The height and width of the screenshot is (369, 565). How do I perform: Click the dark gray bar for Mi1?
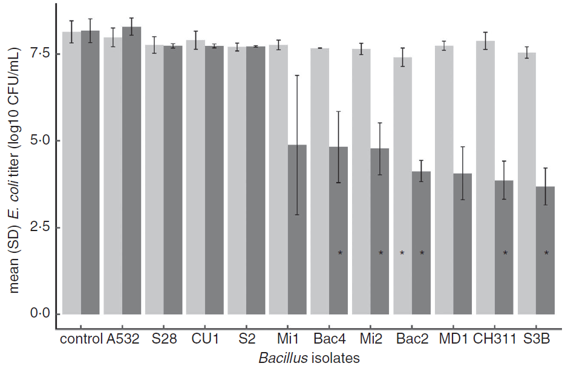point(297,230)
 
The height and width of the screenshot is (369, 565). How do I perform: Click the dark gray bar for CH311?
point(504,247)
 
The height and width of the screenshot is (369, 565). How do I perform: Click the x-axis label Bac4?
point(330,339)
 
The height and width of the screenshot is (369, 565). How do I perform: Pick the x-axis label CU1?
point(204,339)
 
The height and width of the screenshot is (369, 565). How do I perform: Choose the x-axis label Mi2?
point(371,339)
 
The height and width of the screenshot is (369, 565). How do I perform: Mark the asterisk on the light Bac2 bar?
point(402,253)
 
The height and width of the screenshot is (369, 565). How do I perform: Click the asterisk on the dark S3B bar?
point(546,253)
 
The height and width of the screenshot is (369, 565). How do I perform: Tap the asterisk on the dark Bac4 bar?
point(340,253)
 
